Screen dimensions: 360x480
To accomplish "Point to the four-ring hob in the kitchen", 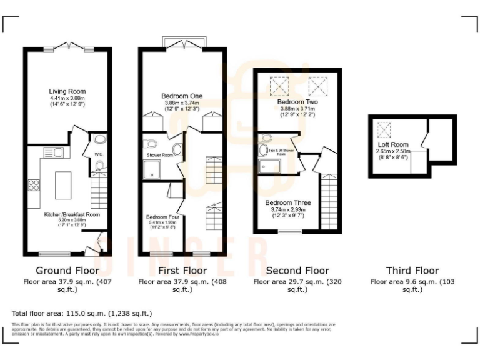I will pyautogui.click(x=34, y=186).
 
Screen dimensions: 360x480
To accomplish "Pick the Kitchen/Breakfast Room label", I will pyautogui.click(x=71, y=214).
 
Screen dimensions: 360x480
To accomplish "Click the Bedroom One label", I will pyautogui.click(x=183, y=96).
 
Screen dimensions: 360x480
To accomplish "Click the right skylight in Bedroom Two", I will pyautogui.click(x=317, y=83).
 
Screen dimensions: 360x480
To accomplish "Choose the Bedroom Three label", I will pyautogui.click(x=287, y=203).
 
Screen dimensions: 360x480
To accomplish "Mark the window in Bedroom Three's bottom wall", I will pyautogui.click(x=289, y=231).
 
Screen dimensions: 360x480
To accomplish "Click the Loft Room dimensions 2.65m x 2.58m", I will pyautogui.click(x=393, y=151).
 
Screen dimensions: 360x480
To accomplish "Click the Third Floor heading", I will pyautogui.click(x=412, y=271).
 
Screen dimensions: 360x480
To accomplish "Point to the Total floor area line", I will pyautogui.click(x=82, y=312).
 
